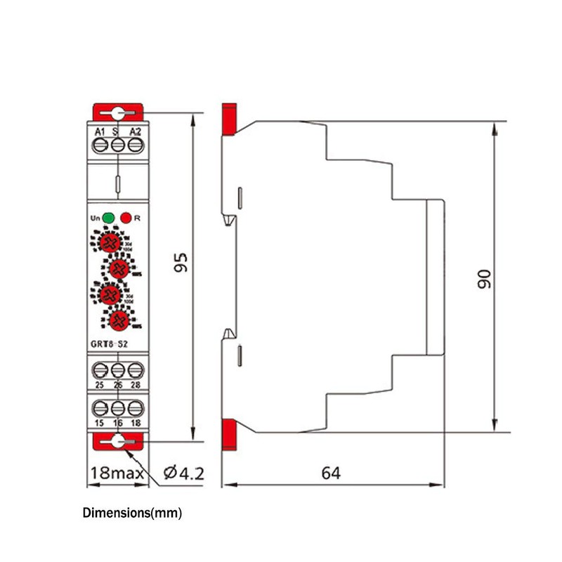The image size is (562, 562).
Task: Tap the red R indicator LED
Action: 126,218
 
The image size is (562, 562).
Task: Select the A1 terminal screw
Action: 100,145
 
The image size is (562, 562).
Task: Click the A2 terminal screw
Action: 136,145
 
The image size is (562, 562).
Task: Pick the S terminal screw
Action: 118,145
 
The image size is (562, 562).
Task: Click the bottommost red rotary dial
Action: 120,320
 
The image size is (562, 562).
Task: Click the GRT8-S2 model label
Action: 110,344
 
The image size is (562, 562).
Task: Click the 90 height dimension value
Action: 483,278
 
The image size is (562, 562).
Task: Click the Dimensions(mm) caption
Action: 132,513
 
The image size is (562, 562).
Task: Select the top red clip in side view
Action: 228,119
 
